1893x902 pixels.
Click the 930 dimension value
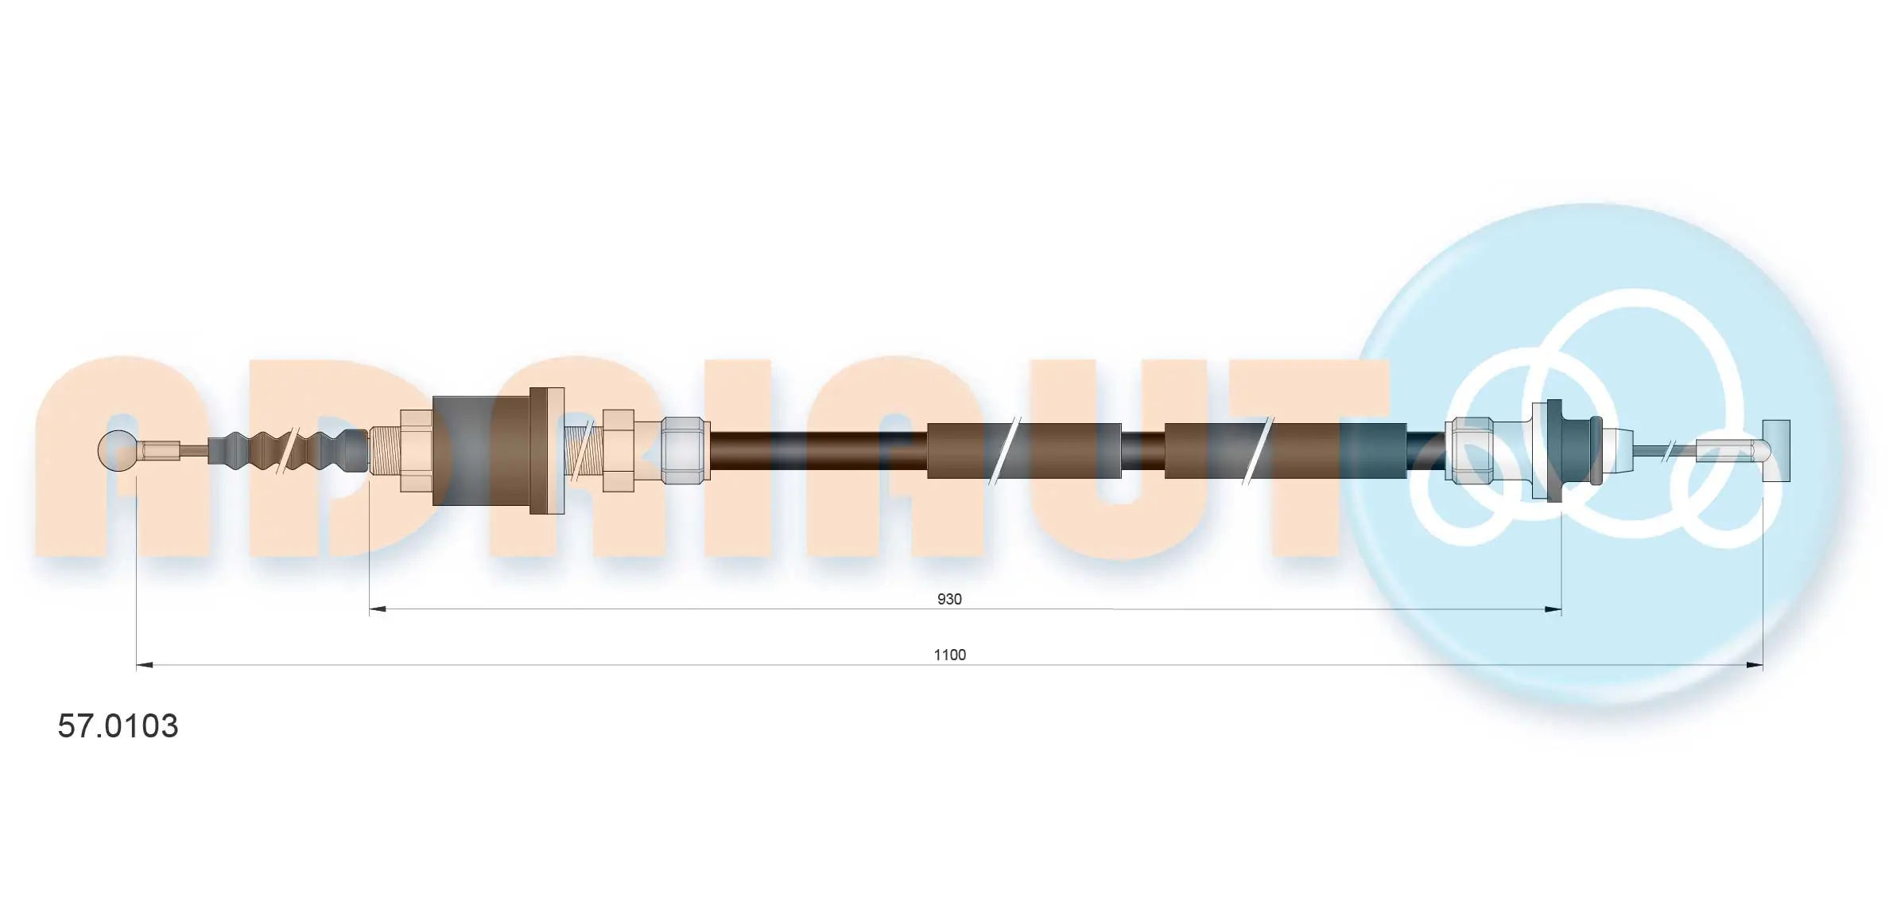[949, 599]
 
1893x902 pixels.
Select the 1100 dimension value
[949, 655]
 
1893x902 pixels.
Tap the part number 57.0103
[118, 725]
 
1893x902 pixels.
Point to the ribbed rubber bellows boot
[290, 451]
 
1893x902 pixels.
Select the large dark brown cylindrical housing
[481, 450]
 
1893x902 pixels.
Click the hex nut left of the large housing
[415, 450]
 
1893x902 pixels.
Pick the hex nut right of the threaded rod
[618, 450]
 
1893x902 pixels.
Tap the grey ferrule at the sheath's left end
[685, 450]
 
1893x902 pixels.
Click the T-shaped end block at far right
[1776, 450]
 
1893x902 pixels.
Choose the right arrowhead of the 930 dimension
[1553, 609]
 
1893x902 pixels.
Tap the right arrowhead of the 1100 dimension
[1755, 665]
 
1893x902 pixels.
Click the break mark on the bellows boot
[287, 451]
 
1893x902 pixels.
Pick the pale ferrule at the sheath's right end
[1469, 450]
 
